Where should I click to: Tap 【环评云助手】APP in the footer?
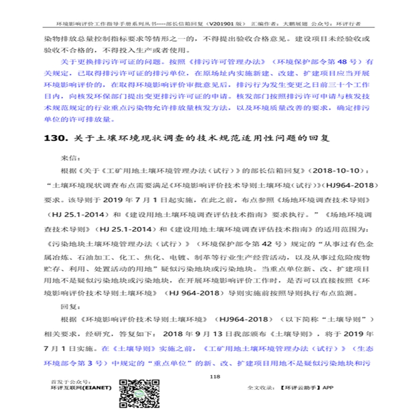pyautogui.click(x=317, y=388)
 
